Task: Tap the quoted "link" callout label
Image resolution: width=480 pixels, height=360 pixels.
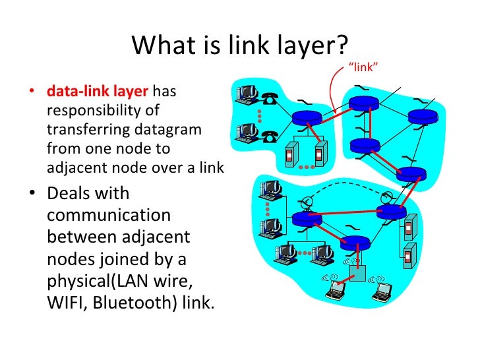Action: coord(365,66)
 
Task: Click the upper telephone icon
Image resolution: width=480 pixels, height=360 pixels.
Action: coord(268,100)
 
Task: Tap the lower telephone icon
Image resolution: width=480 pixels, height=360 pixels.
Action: coord(269,136)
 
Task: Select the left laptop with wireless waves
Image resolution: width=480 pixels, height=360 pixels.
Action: coord(338,285)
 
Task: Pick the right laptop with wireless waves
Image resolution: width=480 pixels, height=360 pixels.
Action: coord(380,285)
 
